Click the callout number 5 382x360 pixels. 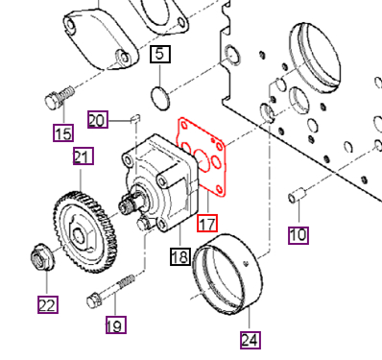tap(160, 54)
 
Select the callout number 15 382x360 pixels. tap(62, 132)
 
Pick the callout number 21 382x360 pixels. tap(81, 156)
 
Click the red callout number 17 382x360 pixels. tap(206, 225)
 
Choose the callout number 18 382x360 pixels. tap(179, 255)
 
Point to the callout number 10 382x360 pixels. tap(298, 233)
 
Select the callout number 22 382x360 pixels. tap(47, 305)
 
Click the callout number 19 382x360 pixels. tap(114, 325)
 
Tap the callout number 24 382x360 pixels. tap(251, 339)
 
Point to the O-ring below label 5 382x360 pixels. tap(160, 94)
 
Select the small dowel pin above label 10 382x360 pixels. tap(298, 198)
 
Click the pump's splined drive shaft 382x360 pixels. tap(126, 204)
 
